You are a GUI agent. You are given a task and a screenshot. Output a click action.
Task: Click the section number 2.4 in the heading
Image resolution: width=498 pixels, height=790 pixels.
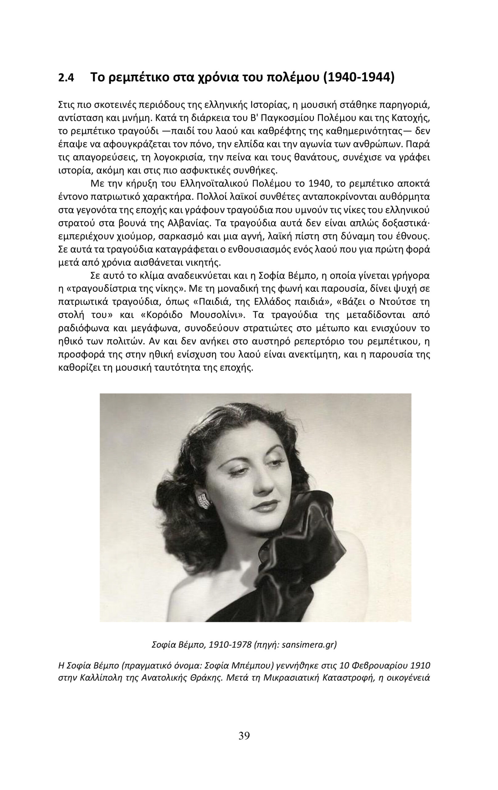[66, 78]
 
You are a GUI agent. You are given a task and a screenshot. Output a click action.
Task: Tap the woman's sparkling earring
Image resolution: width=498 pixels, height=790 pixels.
[204, 501]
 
